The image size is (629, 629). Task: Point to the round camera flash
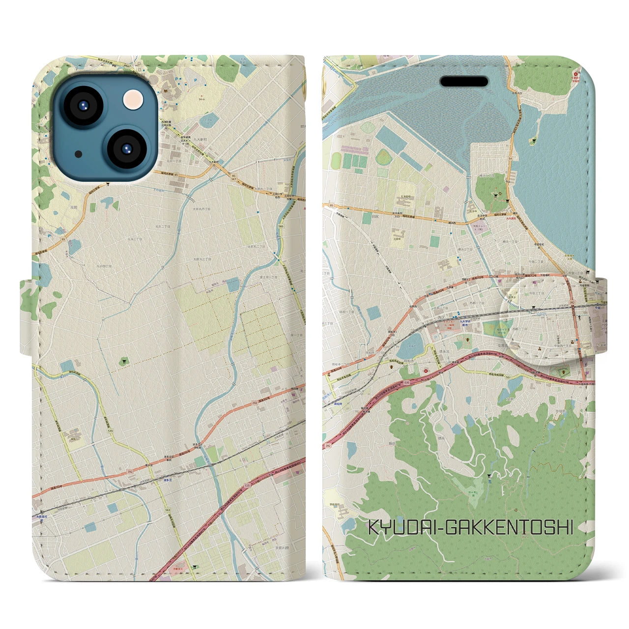point(131,100)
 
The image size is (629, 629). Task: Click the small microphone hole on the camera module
point(79,154)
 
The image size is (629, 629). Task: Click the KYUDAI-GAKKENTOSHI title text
point(470,528)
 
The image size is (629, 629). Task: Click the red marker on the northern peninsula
point(575,75)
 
